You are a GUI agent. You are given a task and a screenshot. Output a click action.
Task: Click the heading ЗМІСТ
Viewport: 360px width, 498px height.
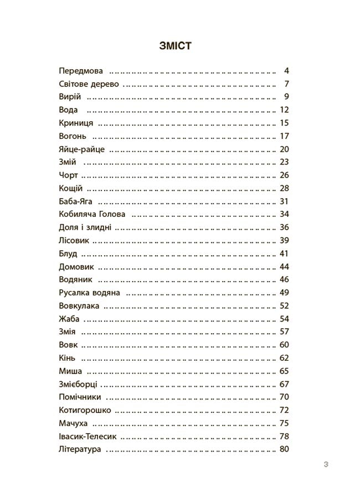coord(175,46)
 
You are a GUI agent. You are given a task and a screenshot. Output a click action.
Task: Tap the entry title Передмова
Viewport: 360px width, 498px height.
coord(80,71)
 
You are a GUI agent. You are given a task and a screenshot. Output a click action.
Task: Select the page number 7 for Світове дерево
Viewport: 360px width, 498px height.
coord(287,84)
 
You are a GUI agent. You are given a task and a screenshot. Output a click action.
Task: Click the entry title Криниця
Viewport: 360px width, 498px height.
coord(76,123)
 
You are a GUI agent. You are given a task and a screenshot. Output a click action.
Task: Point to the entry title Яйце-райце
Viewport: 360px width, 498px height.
coord(81,149)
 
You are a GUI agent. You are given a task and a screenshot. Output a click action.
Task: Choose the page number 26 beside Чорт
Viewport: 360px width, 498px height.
coord(285,175)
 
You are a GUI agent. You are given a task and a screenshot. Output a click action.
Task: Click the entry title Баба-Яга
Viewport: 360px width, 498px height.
coord(75,201)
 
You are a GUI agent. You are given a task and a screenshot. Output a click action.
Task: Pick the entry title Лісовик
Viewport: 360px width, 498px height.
coord(74,240)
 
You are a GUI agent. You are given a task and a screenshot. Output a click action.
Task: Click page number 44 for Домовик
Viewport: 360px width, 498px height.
coord(285,266)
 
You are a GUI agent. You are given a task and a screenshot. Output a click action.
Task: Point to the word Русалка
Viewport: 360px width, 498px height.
coord(75,292)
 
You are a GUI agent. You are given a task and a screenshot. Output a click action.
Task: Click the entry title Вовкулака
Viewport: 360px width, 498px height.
coord(79,305)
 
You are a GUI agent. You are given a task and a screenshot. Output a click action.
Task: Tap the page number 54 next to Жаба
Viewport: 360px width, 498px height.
coord(285,319)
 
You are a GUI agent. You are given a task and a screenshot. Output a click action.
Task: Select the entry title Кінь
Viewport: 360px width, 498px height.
coord(66,357)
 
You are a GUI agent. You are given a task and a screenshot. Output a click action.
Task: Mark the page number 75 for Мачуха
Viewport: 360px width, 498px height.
coord(285,423)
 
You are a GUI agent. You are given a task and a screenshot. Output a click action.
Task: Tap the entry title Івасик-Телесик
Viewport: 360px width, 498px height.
coord(87,436)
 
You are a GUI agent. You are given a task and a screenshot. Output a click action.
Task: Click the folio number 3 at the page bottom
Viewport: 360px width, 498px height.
coord(326,465)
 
